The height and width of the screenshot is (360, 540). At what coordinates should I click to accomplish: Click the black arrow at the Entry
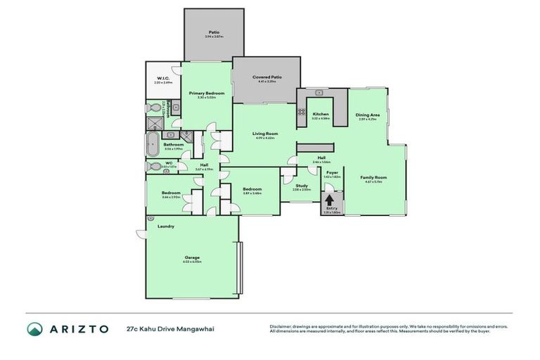[x=328, y=200]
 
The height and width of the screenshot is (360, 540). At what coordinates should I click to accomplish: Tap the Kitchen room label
[x=321, y=114]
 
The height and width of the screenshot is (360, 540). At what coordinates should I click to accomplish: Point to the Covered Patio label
[x=266, y=77]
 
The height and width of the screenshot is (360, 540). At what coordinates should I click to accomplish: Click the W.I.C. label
[x=163, y=79]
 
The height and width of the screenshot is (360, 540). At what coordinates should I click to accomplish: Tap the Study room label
[x=291, y=186]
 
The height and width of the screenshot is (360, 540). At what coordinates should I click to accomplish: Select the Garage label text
[x=192, y=257]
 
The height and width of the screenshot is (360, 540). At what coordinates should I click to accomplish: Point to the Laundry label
[x=166, y=226]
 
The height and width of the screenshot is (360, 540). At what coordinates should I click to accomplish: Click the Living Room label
[x=266, y=134]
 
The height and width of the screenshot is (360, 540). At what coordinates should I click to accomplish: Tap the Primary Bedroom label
[x=207, y=94]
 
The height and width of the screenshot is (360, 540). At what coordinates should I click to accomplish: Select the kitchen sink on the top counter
[x=319, y=92]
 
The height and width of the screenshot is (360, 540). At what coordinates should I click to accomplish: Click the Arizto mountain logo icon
[x=34, y=328]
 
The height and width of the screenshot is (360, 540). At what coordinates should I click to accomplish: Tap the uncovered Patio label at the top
[x=214, y=32]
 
